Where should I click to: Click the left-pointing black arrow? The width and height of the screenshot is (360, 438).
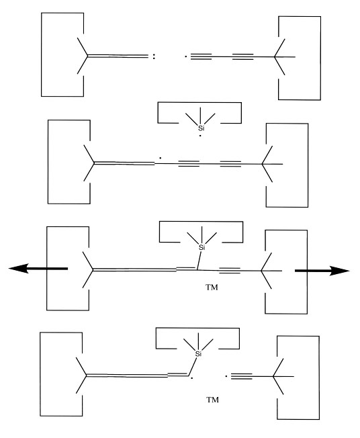tap(38, 269)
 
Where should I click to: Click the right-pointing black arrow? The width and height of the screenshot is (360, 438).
tap(322, 271)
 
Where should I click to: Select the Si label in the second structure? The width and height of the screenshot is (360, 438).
tap(201, 128)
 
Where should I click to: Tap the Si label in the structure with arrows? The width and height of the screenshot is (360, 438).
tap(201, 247)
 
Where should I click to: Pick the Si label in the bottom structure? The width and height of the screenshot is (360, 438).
tap(198, 354)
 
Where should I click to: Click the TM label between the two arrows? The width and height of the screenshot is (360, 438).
tap(212, 288)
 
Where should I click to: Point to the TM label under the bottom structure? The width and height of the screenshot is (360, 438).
tap(212, 400)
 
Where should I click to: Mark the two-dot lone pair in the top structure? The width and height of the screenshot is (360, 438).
tap(154, 56)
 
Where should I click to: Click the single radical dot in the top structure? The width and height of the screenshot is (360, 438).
tap(186, 57)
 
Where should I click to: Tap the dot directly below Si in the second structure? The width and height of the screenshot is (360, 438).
tap(200, 136)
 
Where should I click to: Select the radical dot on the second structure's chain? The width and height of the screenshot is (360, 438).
tap(161, 158)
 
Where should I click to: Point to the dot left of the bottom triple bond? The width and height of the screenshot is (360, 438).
tap(226, 376)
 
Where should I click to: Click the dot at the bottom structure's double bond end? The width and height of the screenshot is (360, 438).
tap(192, 378)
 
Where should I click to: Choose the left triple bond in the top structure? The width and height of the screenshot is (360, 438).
tap(201, 57)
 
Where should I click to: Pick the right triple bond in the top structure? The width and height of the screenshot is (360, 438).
tap(242, 57)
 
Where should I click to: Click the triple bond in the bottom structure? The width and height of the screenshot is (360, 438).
tap(242, 376)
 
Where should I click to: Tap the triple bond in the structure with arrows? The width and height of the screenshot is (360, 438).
tap(230, 271)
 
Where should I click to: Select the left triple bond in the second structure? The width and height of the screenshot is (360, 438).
tap(189, 164)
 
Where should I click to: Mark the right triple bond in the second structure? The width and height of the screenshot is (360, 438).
tap(230, 164)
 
